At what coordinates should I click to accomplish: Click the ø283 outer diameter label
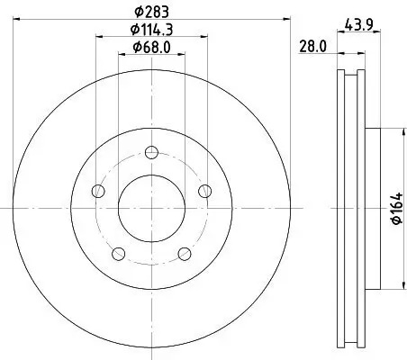(150, 11)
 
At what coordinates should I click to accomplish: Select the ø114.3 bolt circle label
(151, 30)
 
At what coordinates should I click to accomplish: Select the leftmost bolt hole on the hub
(97, 190)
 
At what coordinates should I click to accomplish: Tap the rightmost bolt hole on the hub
(205, 190)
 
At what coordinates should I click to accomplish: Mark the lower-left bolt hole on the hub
(118, 253)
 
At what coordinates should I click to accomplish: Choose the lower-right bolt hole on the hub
(185, 253)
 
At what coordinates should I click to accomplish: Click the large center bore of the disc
(151, 207)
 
